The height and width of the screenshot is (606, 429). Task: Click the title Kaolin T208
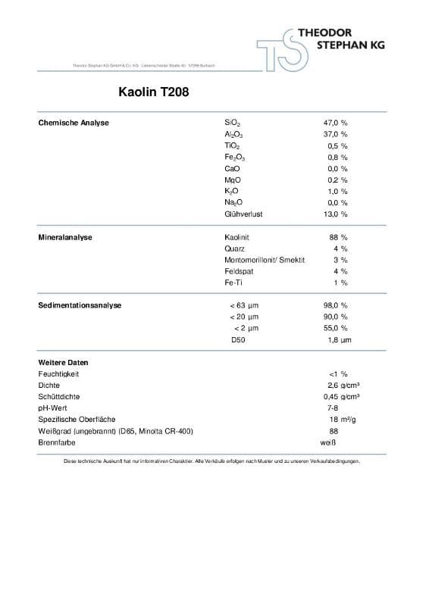[149, 94]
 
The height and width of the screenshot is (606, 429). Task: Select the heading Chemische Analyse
[74, 123]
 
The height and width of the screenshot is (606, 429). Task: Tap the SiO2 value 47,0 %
[335, 123]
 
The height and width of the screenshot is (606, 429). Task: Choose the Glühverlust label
[243, 214]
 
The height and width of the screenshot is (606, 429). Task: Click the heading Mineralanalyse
[65, 237]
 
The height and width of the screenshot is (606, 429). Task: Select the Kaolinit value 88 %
[339, 237]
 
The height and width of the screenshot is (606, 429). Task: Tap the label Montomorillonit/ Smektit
[265, 260]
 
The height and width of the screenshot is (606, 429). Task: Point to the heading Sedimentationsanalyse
[80, 305]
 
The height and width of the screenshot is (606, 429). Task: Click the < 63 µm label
[243, 305]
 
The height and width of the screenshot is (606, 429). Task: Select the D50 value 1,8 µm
[339, 340]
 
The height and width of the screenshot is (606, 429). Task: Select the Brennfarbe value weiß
[327, 442]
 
